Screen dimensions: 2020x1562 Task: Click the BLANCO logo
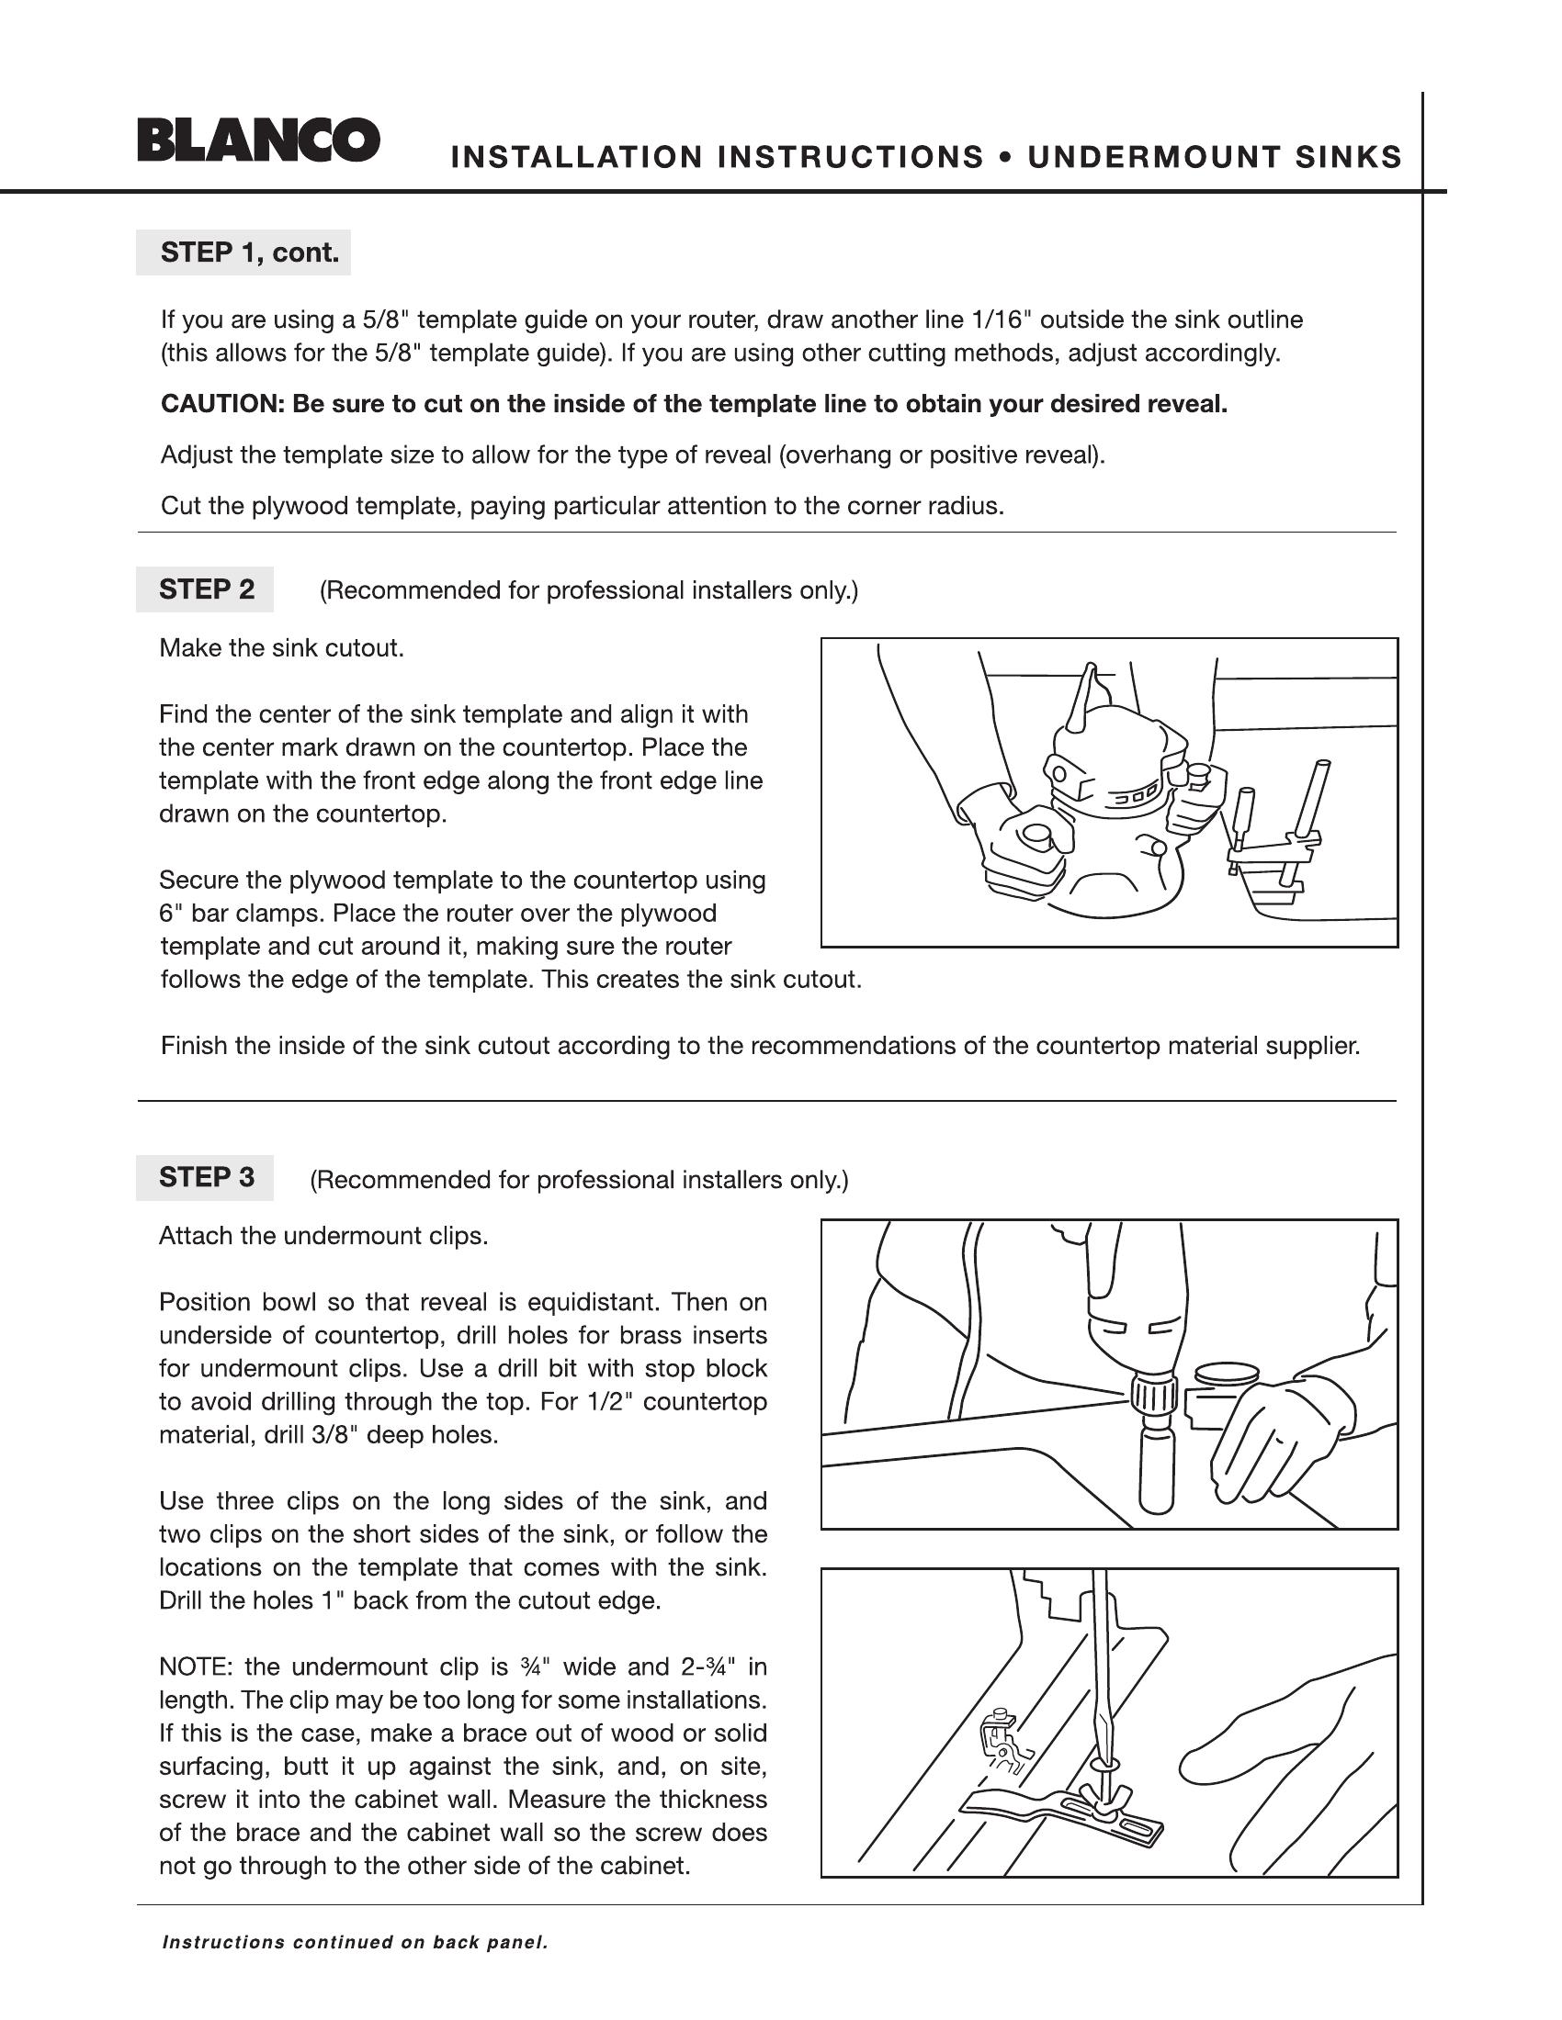(258, 140)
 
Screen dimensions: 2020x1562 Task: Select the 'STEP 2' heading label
(207, 589)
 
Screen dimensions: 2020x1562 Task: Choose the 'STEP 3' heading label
(207, 1177)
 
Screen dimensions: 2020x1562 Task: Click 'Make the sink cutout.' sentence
(281, 647)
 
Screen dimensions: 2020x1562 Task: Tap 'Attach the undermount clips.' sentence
(323, 1236)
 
